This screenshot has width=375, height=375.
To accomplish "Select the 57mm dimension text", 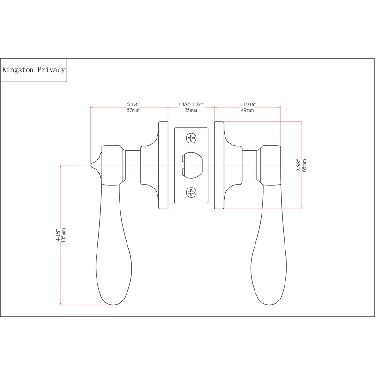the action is pyautogui.click(x=134, y=111).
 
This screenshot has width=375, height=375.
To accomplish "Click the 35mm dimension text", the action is pyautogui.click(x=191, y=111).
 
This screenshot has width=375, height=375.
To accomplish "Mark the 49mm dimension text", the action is pyautogui.click(x=247, y=111).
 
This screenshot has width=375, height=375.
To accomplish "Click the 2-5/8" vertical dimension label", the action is pyautogui.click(x=298, y=165).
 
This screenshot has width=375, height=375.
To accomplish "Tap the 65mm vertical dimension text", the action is pyautogui.click(x=305, y=165).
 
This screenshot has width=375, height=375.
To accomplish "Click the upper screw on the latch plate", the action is pyautogui.click(x=191, y=138).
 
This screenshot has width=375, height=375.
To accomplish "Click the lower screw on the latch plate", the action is pyautogui.click(x=191, y=192).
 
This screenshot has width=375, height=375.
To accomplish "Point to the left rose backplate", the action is pyautogui.click(x=164, y=165).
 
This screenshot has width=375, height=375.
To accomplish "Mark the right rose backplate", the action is pyautogui.click(x=218, y=165).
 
